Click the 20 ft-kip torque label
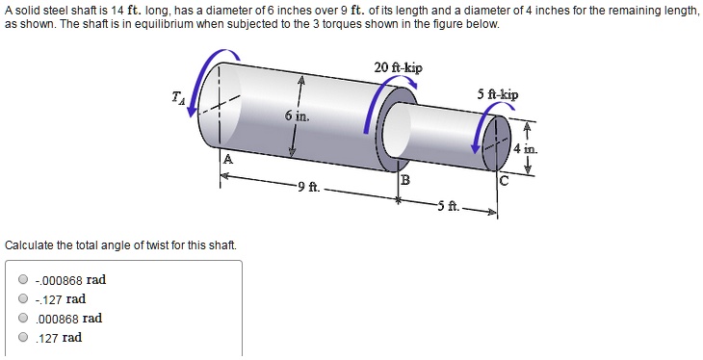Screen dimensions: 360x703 (x=398, y=67)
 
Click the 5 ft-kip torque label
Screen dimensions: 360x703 (x=497, y=94)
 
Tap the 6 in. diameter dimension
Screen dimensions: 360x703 (x=296, y=116)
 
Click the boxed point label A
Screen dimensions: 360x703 (x=227, y=160)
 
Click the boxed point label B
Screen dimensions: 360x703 (x=404, y=180)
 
